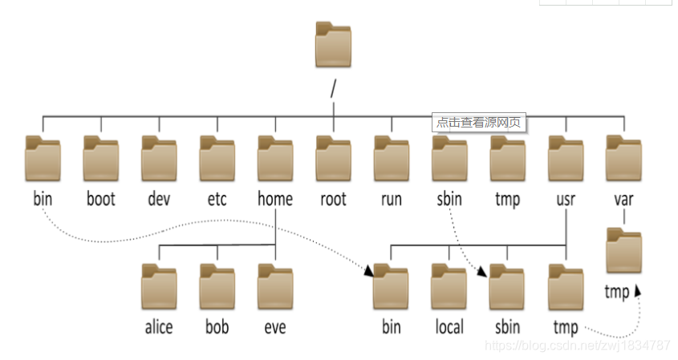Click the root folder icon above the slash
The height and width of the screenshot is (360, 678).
pyautogui.click(x=333, y=45)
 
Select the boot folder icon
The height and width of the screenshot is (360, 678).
pyautogui.click(x=101, y=158)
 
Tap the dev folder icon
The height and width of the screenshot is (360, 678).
pyautogui.click(x=159, y=158)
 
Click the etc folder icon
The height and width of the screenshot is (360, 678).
pyautogui.click(x=217, y=158)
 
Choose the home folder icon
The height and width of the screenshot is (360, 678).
pyautogui.click(x=275, y=158)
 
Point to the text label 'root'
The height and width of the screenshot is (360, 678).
pyautogui.click(x=333, y=198)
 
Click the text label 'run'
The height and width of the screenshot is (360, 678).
pyautogui.click(x=392, y=198)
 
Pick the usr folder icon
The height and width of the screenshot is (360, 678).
pyautogui.click(x=566, y=158)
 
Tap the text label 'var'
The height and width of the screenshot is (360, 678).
pyautogui.click(x=623, y=198)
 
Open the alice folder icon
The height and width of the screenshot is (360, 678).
pyautogui.click(x=159, y=286)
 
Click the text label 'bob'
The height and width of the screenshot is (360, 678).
pyautogui.click(x=217, y=327)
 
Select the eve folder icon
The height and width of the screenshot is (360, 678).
pyautogui.click(x=275, y=286)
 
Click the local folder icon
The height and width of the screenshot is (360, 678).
pyautogui.click(x=449, y=286)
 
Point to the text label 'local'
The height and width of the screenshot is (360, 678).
pyautogui.click(x=449, y=327)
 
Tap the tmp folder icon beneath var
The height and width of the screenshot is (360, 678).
pyautogui.click(x=624, y=250)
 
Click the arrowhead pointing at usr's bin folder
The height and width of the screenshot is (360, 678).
pyautogui.click(x=368, y=272)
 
